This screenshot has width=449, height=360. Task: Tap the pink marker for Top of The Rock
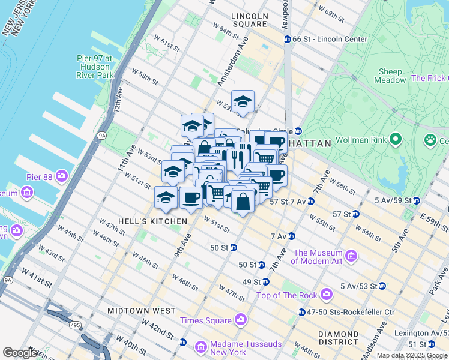pos(326,294)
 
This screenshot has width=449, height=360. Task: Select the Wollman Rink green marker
pos(395,140)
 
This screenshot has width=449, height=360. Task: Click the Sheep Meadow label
pos(390,76)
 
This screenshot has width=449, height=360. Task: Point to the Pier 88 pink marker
pos(62,176)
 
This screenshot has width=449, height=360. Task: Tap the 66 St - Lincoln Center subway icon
pos(287,39)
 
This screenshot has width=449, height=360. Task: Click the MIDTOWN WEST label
pos(142,311)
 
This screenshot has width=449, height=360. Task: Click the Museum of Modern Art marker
pos(351,257)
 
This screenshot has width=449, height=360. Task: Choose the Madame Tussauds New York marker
pos(200,347)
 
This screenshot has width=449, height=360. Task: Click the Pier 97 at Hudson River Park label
pos(95,67)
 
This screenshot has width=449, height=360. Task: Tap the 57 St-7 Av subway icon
pos(311,202)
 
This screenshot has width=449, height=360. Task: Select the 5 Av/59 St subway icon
pos(415,200)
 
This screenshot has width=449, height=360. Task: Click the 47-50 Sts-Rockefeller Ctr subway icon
pos(302,312)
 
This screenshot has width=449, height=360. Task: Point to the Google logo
pos(20,353)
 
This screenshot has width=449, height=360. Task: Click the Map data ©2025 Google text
pos(412,355)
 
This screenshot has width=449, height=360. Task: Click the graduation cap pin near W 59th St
pos(243,101)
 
